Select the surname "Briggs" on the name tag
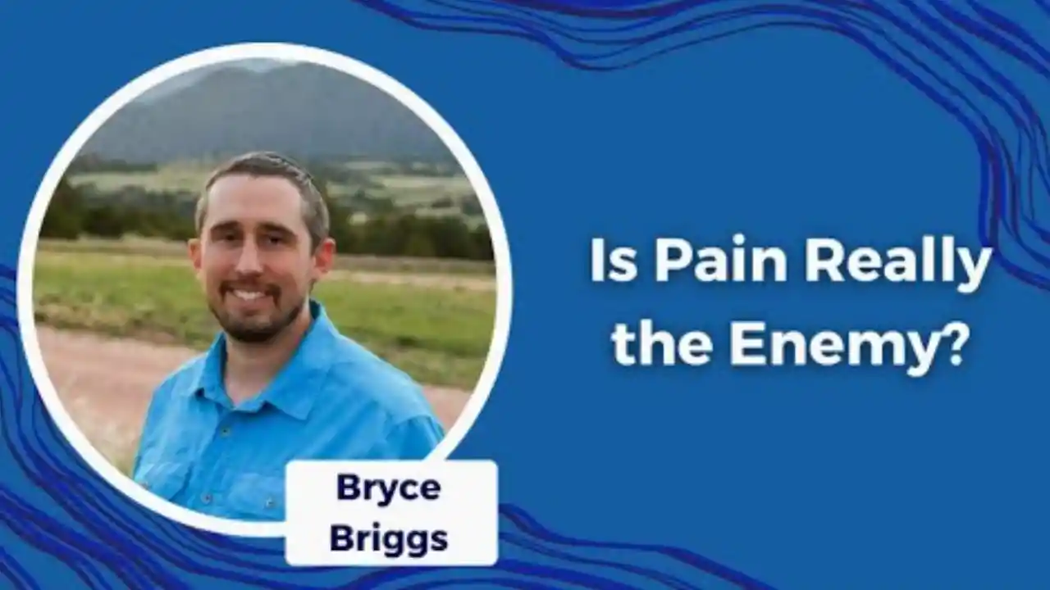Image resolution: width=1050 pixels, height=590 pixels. click(389, 540)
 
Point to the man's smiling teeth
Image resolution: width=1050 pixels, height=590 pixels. click(251, 295)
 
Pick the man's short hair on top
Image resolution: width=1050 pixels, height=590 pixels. click(265, 170)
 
